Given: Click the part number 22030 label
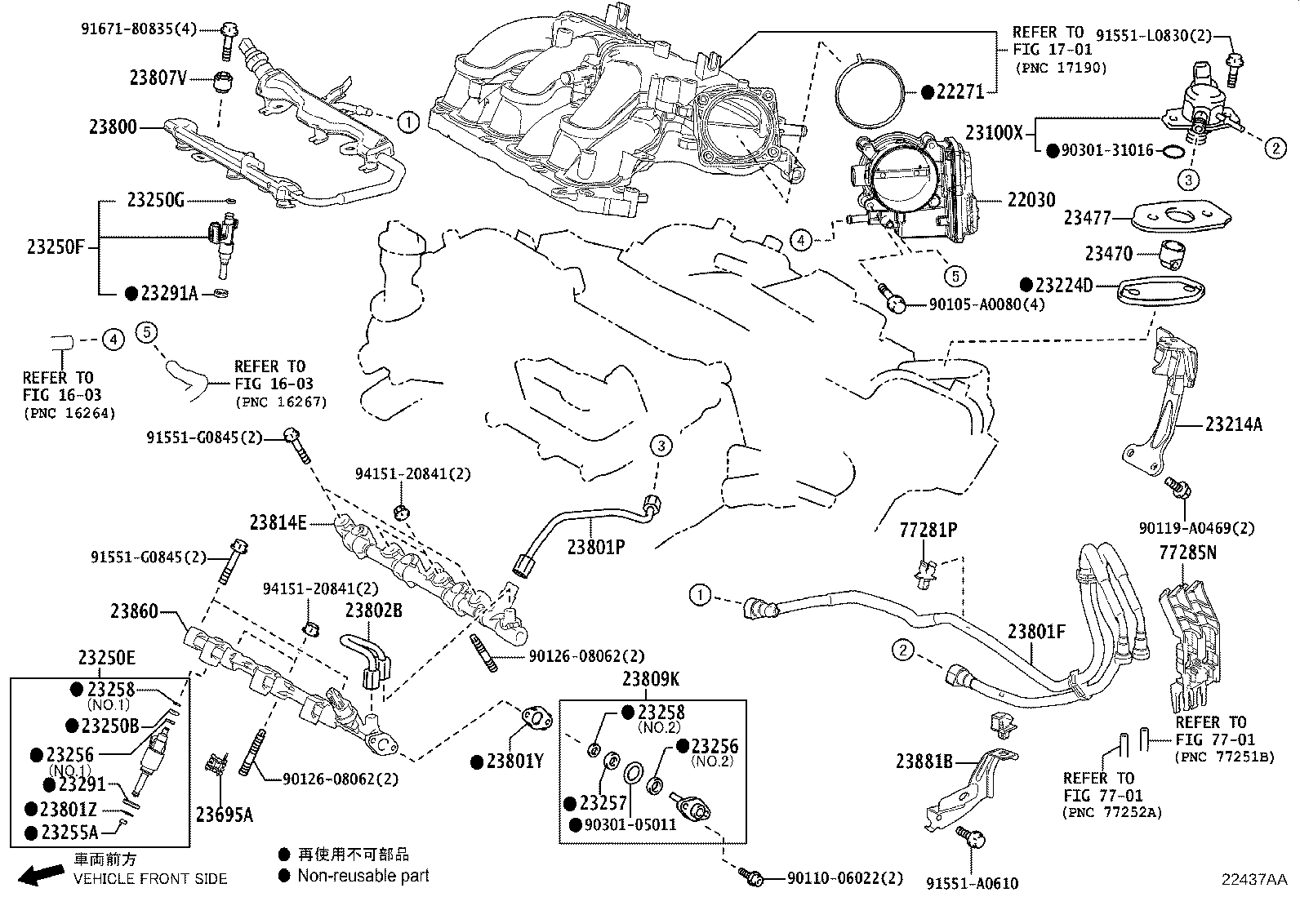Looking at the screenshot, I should (1031, 200).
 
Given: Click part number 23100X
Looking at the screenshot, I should (994, 132).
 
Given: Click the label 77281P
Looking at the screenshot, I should (928, 531).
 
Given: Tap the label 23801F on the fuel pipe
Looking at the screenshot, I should (1036, 631).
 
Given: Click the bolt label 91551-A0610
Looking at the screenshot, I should (972, 883).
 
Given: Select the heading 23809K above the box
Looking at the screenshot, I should (652, 679).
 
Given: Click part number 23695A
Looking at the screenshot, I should (224, 815).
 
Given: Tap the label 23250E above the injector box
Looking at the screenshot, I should (107, 658).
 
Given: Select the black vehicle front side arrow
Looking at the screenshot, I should (41, 877).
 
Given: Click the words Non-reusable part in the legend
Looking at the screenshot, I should (363, 876).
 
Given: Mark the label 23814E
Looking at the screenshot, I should (278, 522).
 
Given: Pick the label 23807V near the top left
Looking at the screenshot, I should (158, 78).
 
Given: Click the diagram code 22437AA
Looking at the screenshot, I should (1253, 879).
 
